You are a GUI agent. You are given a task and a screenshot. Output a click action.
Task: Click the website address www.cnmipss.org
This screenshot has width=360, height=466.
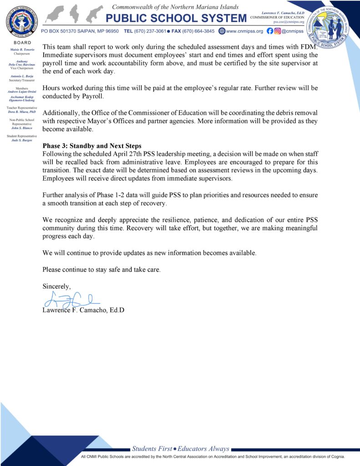[x=244, y=31]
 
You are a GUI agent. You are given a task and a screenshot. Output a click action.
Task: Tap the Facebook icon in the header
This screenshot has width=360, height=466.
[x=270, y=31]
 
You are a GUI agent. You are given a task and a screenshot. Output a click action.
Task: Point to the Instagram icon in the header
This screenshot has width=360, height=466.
[x=277, y=31]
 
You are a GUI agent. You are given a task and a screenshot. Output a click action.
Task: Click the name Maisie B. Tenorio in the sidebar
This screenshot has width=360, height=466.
[x=19, y=49]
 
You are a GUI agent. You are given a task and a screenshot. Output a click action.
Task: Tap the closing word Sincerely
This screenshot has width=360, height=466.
[x=57, y=286]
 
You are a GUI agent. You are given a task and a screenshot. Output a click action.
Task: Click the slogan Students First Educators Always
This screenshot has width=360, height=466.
[x=180, y=449]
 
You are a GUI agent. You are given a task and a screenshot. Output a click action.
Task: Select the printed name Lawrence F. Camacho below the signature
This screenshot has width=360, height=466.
[x=83, y=310]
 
